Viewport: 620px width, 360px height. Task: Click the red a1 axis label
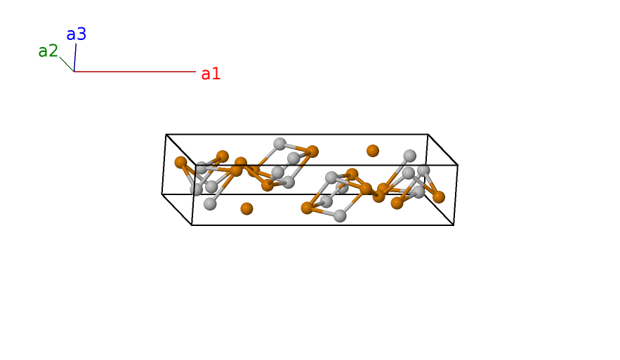pos(211,74)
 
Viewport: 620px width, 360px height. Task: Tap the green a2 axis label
pos(48,51)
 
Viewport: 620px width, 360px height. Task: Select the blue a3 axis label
pos(76,34)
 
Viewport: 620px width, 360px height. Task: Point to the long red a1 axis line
pos(133,72)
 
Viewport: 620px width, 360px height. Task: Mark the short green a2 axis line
pos(67,65)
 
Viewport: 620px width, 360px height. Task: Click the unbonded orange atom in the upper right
pos(373,151)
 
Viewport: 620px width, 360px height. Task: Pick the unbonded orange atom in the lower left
pos(246,208)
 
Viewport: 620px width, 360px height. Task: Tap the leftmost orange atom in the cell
pos(180,162)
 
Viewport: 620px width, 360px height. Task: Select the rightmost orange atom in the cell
pos(439,197)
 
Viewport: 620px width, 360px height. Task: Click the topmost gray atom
pos(279,144)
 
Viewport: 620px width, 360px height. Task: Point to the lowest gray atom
pos(340,215)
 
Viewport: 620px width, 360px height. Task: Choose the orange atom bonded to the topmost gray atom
pos(312,152)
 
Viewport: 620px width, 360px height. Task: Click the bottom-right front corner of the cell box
pos(454,225)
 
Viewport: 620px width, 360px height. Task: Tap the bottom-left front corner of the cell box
pos(192,225)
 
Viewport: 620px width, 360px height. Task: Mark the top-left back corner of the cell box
pos(166,135)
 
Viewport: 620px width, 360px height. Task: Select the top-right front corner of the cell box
pos(458,166)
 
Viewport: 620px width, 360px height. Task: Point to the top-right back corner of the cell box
pos(428,134)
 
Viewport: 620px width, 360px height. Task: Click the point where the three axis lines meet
pos(74,72)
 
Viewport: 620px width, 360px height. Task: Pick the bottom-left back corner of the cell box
pos(162,194)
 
